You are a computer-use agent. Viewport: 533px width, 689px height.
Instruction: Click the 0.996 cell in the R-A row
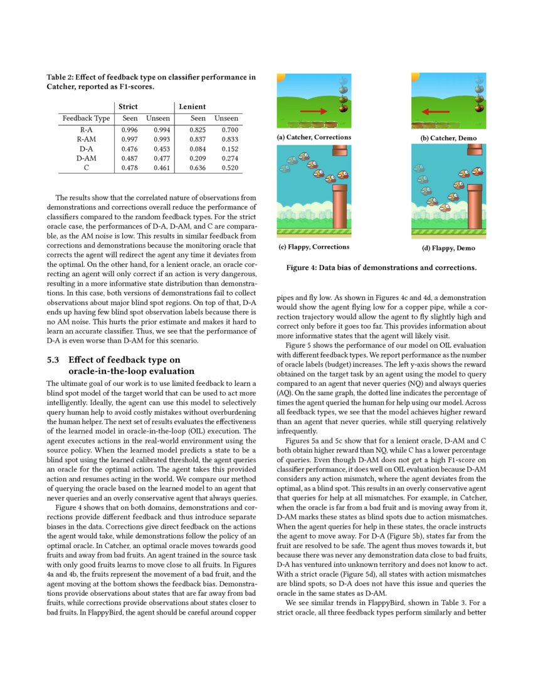(129, 129)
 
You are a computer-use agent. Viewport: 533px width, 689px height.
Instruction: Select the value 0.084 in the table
(198, 148)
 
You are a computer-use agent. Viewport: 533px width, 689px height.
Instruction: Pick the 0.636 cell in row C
(198, 168)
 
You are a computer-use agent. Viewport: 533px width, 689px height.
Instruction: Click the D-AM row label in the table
(86, 158)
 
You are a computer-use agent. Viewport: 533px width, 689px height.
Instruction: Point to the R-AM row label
(86, 138)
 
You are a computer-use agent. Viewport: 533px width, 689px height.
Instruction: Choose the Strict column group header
(128, 106)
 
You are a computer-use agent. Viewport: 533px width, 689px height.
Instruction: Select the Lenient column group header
(193, 106)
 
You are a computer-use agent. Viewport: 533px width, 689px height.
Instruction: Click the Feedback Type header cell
(86, 118)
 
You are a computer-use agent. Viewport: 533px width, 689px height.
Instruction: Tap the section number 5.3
(54, 360)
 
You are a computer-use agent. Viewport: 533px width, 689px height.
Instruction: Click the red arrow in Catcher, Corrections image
(319, 111)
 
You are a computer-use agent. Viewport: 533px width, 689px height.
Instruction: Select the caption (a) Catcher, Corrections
(314, 137)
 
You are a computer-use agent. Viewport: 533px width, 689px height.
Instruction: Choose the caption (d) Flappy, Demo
(448, 248)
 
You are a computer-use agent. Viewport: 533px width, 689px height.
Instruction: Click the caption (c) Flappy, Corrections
(314, 247)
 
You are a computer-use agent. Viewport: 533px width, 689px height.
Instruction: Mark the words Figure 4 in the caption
(303, 268)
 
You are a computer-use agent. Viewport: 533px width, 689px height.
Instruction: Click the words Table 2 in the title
(60, 78)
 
